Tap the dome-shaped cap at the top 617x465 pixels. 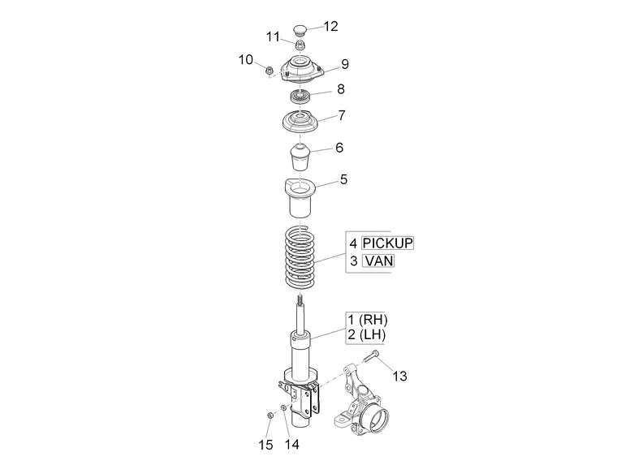(x=301, y=30)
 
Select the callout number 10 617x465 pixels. (x=246, y=59)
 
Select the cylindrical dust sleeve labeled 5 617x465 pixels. (x=301, y=199)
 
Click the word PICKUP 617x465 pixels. (x=387, y=243)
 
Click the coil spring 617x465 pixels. (x=301, y=258)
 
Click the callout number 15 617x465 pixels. (x=265, y=444)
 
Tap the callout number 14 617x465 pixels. (x=291, y=444)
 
